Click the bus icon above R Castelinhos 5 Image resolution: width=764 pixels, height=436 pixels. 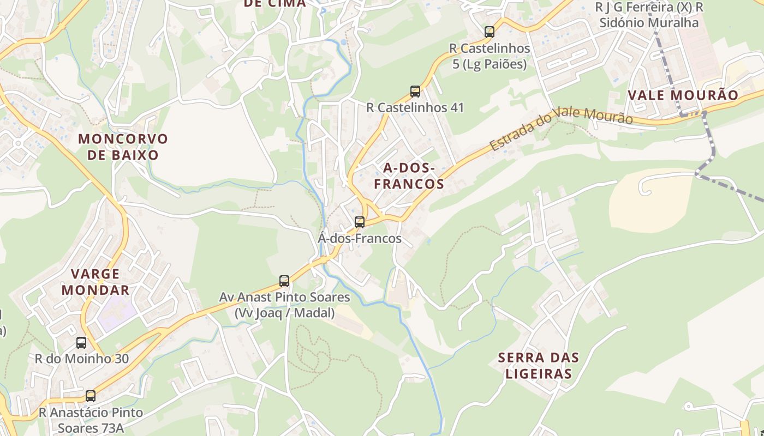tap(490, 32)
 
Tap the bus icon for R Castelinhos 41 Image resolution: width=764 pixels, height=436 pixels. tap(415, 91)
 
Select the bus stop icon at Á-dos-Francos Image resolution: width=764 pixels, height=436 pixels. tap(359, 222)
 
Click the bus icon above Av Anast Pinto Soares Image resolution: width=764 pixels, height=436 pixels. tap(284, 281)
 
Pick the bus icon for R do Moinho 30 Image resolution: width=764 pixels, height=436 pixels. tap(81, 343)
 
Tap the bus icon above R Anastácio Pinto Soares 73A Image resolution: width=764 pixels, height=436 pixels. tap(91, 396)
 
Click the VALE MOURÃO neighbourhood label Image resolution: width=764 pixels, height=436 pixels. tap(683, 95)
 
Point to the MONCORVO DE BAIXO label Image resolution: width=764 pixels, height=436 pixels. tap(123, 147)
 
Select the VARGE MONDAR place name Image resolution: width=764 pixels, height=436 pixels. tap(95, 282)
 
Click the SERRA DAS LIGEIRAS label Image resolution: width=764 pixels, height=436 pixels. tap(538, 366)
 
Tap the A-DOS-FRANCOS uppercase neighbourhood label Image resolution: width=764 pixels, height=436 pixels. tap(409, 175)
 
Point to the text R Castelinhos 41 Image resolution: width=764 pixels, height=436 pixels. tap(415, 107)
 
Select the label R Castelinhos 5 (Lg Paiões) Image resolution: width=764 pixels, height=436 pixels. tap(490, 56)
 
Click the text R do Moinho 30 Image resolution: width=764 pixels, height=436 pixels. tap(82, 359)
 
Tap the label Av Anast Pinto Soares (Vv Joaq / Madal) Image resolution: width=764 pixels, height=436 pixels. tap(284, 305)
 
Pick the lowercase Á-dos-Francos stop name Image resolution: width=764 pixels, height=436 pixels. tap(360, 238)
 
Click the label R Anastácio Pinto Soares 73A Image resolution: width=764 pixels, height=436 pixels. tap(91, 420)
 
